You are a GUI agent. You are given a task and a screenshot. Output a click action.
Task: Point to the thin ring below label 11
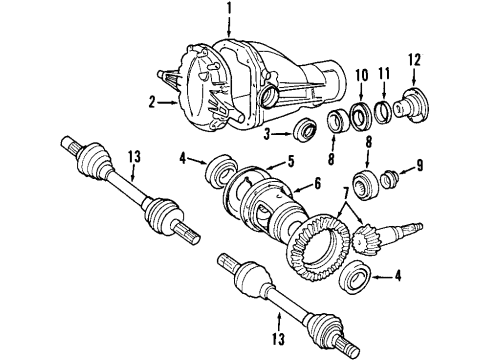[x=385, y=108]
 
